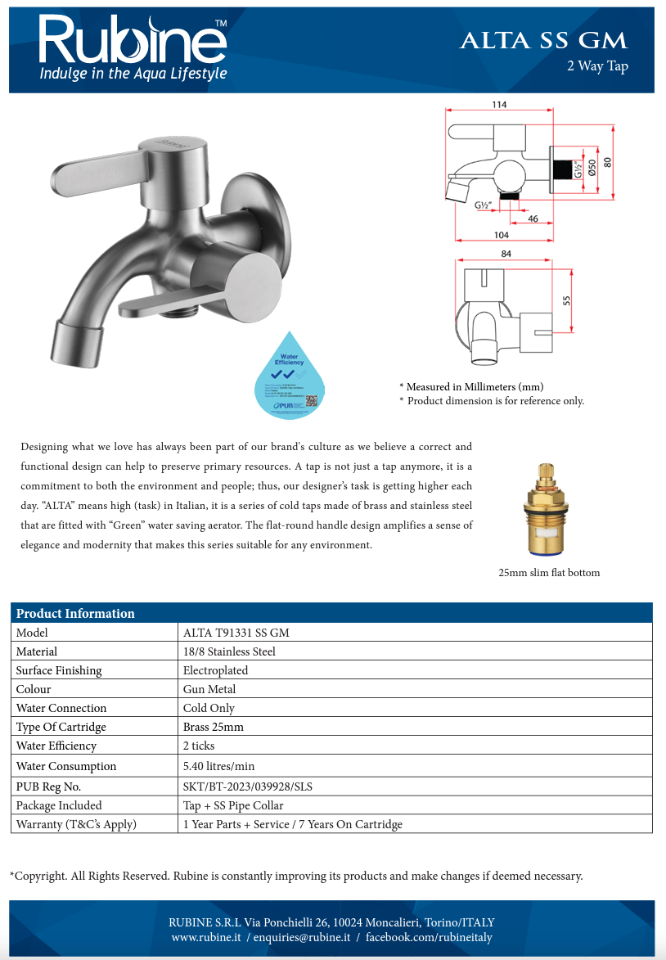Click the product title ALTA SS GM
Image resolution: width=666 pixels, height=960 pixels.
543,40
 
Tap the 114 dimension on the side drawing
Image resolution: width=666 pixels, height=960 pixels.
498,105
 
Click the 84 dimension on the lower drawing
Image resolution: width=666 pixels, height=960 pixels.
506,255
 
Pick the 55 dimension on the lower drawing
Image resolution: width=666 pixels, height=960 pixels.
567,300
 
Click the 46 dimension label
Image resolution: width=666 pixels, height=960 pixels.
533,219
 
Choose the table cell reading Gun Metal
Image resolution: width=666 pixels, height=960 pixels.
209,689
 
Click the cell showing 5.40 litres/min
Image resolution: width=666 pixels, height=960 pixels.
218,766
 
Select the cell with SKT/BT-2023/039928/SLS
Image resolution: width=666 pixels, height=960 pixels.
247,786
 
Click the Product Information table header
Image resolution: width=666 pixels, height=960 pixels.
76,613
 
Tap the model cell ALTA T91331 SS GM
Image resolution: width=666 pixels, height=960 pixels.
236,633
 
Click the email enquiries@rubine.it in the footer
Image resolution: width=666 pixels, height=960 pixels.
302,937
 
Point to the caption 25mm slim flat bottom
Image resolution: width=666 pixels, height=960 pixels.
549,573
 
